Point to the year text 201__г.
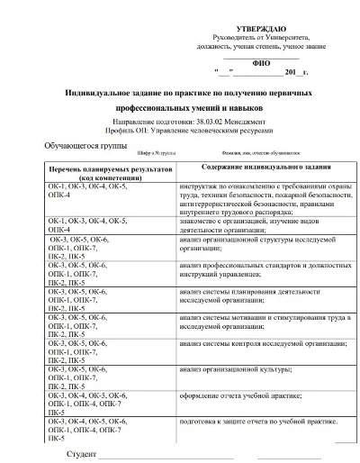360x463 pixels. pyautogui.click(x=296, y=72)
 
